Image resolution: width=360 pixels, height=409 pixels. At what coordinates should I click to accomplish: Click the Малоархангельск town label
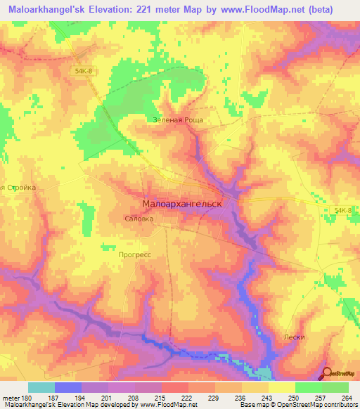tap(182, 203)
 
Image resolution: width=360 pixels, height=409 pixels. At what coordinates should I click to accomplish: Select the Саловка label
tap(139, 219)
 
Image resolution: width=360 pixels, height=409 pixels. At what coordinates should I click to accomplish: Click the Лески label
tap(295, 337)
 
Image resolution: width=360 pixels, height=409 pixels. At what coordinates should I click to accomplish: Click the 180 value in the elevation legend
tap(26, 397)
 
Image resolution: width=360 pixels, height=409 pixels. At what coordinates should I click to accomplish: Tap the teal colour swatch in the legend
tap(41, 387)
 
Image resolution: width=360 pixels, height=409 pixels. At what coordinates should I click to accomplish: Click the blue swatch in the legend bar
tap(67, 387)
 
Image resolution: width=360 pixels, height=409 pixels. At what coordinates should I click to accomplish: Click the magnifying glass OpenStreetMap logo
tap(328, 375)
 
